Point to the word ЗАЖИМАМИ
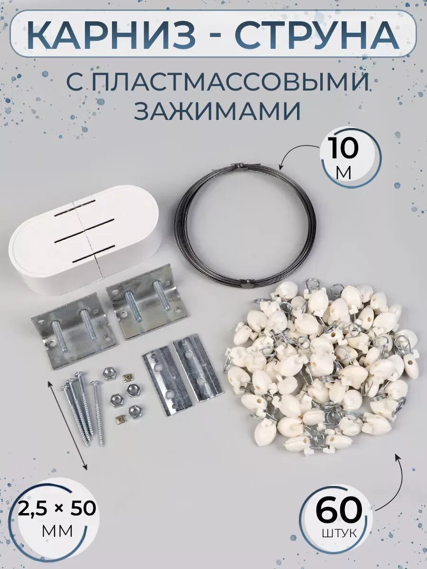click(218, 112)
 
